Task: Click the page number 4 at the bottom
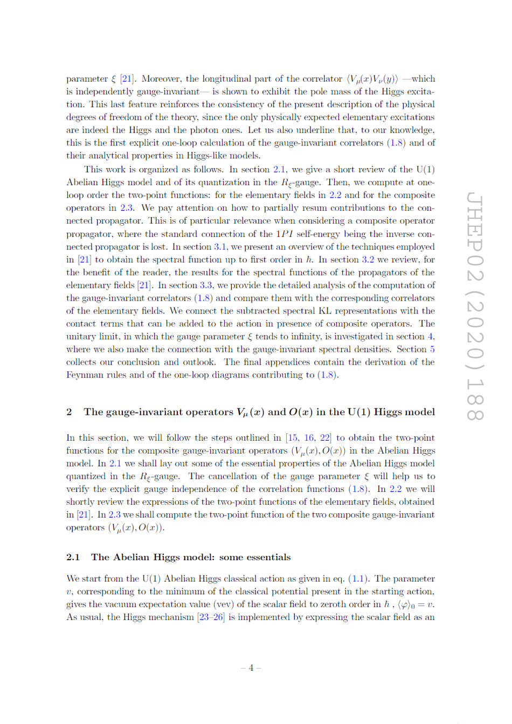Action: [251, 668]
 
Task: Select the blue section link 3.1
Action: [220, 247]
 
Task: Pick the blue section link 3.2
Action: [368, 260]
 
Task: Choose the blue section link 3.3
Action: [206, 286]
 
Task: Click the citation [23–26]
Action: [211, 617]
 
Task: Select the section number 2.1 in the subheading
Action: [73, 557]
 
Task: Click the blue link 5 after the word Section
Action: [432, 349]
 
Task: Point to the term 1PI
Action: [285, 234]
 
